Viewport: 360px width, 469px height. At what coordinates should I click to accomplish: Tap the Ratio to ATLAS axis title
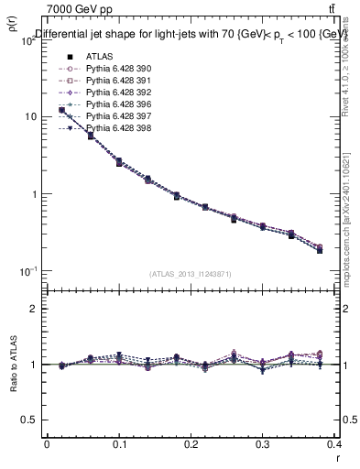click(x=13, y=364)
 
